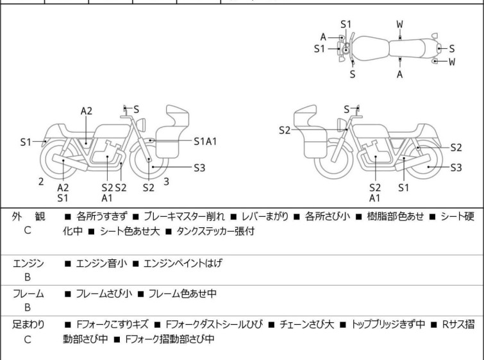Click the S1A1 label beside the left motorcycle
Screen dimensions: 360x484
(x=205, y=141)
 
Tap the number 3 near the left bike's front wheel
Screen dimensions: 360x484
(x=166, y=181)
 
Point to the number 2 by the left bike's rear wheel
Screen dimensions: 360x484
(x=41, y=181)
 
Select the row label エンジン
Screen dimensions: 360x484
(x=28, y=263)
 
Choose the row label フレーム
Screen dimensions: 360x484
(x=28, y=294)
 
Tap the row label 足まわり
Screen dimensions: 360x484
(x=28, y=325)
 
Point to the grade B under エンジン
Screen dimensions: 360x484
(x=28, y=277)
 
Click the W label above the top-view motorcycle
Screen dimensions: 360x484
(x=399, y=24)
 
